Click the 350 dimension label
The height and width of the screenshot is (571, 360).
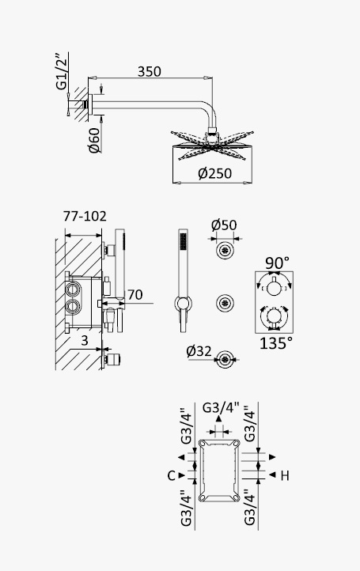(x=149, y=71)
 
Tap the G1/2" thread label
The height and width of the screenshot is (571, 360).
(x=62, y=71)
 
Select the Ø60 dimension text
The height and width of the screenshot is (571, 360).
(x=94, y=140)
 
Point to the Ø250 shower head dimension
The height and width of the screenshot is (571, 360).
(x=214, y=173)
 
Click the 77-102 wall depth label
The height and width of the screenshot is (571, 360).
(x=85, y=216)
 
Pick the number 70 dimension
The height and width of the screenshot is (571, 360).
(x=135, y=295)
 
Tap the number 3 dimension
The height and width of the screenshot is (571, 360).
(x=85, y=341)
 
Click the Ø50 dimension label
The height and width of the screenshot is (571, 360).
(x=224, y=225)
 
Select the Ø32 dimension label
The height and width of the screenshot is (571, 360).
(x=199, y=351)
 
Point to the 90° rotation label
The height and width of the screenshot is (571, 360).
(x=277, y=263)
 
